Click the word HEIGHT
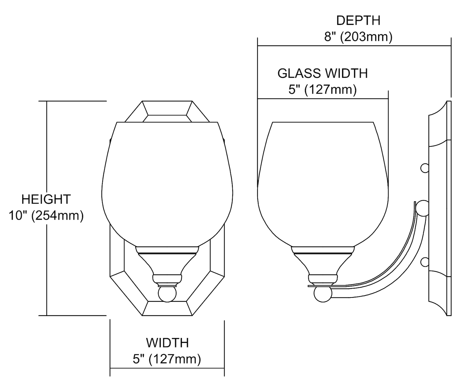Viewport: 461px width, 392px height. coord(46,199)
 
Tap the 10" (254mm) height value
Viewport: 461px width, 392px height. coord(46,215)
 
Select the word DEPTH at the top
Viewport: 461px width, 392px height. coord(358,21)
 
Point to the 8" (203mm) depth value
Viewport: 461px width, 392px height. coord(358,37)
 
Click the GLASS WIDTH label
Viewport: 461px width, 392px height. coord(322,73)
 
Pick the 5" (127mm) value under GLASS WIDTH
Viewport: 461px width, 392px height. coord(322,90)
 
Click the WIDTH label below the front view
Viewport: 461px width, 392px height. coord(167,343)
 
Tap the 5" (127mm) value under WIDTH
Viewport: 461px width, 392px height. coord(167,359)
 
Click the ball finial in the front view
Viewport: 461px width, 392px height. coord(167,294)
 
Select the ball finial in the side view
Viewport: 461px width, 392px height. coord(323,294)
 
